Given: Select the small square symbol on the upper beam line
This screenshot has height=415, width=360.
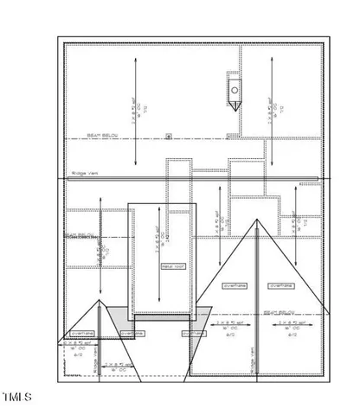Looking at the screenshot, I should (x=168, y=135).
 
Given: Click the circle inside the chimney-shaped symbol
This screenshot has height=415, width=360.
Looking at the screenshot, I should (x=235, y=89).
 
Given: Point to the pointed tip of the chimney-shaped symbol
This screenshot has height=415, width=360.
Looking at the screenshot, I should (x=235, y=106).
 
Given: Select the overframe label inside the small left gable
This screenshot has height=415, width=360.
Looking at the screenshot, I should (x=80, y=331).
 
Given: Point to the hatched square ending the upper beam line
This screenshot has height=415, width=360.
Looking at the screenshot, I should (x=228, y=135).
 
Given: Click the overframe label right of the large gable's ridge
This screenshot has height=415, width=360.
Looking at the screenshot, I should (x=280, y=285).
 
